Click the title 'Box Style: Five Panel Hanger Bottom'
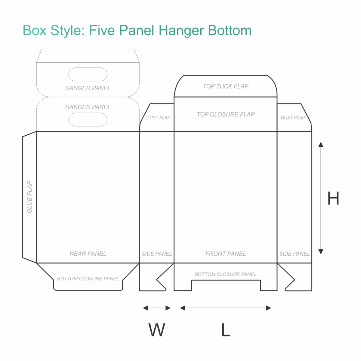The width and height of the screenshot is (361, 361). pos(137,30)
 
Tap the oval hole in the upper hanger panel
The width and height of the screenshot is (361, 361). pos(88,74)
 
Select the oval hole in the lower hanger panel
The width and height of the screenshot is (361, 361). pos(88,119)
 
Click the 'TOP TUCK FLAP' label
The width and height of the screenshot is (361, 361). pos(226,86)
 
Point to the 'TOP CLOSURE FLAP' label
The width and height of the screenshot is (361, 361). pos(226,114)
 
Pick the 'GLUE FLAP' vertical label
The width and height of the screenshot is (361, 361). pos(29,197)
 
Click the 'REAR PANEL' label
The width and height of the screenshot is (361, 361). pos(88,254)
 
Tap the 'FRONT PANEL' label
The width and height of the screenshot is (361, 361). pos(226,254)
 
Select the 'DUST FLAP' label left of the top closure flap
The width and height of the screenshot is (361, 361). pos(158,118)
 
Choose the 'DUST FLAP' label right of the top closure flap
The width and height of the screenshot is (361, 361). pos(293,118)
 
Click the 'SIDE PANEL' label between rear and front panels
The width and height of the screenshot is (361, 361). pos(157,254)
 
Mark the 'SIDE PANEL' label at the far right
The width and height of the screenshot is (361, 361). pos(294,254)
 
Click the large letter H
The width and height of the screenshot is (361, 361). pos(333,198)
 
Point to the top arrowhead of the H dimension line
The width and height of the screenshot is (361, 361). pos(321,144)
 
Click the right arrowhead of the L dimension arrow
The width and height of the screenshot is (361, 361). pos(268,308)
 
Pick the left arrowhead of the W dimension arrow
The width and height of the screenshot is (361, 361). pos(145,308)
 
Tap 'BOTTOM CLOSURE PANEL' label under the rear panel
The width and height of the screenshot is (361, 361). pos(88,279)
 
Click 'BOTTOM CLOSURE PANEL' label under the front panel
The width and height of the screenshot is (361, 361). pos(225,274)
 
